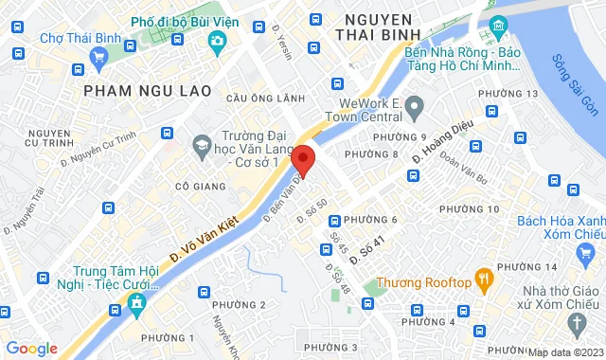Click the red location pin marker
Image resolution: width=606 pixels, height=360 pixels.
[x=303, y=158]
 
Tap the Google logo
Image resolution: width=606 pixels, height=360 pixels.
[x=31, y=349]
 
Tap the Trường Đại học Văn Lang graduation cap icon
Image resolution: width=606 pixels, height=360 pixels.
[x=201, y=145]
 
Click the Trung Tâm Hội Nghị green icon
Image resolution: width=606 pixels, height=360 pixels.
[x=139, y=305]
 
